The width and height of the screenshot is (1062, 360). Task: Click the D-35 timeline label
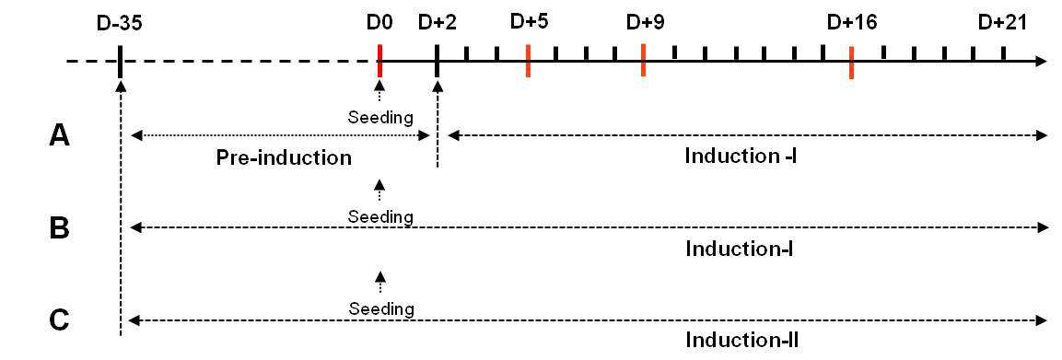(x=119, y=25)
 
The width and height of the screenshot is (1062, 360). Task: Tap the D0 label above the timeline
(x=379, y=25)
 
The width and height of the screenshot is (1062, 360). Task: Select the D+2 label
(x=438, y=25)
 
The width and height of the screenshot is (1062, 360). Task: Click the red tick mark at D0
(x=380, y=61)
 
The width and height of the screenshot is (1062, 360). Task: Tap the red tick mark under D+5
(x=528, y=61)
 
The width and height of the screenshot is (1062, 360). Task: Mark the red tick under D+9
(x=643, y=60)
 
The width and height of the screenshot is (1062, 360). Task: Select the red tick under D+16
(x=851, y=63)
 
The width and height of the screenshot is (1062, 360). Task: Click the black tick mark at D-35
(x=119, y=61)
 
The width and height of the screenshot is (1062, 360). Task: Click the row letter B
(x=60, y=228)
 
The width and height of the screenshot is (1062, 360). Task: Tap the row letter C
(x=60, y=319)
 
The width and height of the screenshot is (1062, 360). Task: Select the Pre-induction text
(x=284, y=158)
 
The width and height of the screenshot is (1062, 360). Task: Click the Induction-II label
(x=741, y=339)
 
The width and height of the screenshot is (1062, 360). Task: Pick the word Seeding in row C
(x=380, y=309)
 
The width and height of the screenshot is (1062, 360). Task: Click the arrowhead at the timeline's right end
(x=1042, y=62)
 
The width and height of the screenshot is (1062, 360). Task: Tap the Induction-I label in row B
(x=739, y=249)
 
